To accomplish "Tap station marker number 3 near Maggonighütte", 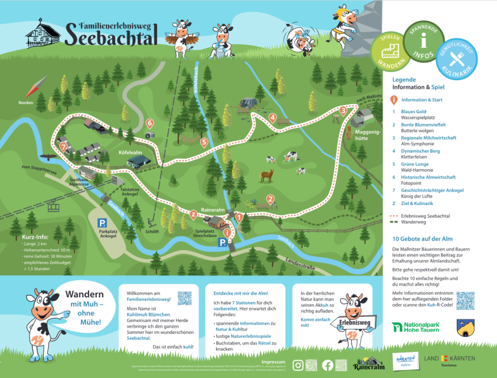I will [343, 111].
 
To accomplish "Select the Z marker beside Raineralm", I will [194, 214].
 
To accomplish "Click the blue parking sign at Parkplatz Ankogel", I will [102, 223].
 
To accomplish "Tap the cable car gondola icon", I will [53, 206].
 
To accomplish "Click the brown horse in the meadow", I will [266, 175].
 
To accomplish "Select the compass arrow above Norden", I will [33, 89].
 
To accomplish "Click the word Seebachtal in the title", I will [111, 35].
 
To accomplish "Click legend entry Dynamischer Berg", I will [420, 151].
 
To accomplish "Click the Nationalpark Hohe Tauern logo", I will [416, 327].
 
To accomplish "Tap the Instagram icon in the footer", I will [298, 364].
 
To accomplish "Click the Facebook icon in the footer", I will [328, 364].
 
